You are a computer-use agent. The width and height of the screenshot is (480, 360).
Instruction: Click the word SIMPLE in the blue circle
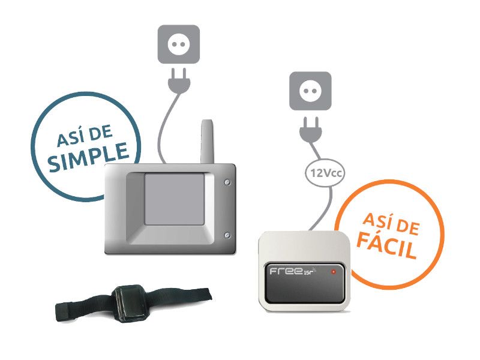[x=88, y=156]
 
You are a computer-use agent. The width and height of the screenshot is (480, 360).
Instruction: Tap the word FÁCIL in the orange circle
[x=386, y=245]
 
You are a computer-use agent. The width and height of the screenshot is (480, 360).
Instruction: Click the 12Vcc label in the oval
[x=325, y=173]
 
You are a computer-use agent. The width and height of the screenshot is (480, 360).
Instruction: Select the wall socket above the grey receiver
[x=178, y=44]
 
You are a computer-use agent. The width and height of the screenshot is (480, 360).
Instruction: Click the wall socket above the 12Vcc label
[x=310, y=91]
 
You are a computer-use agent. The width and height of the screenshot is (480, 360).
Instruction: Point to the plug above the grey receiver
[x=179, y=80]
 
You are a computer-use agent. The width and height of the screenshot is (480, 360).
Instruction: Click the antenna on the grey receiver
[x=207, y=142]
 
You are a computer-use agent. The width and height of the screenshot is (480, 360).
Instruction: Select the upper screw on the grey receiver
[x=227, y=182]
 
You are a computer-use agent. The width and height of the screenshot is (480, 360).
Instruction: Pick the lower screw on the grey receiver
[x=227, y=235]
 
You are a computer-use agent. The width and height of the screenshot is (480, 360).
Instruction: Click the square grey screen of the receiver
[x=175, y=199]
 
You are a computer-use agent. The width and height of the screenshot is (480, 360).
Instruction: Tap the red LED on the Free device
[x=334, y=272]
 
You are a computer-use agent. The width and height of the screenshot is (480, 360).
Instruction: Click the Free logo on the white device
[x=293, y=271]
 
